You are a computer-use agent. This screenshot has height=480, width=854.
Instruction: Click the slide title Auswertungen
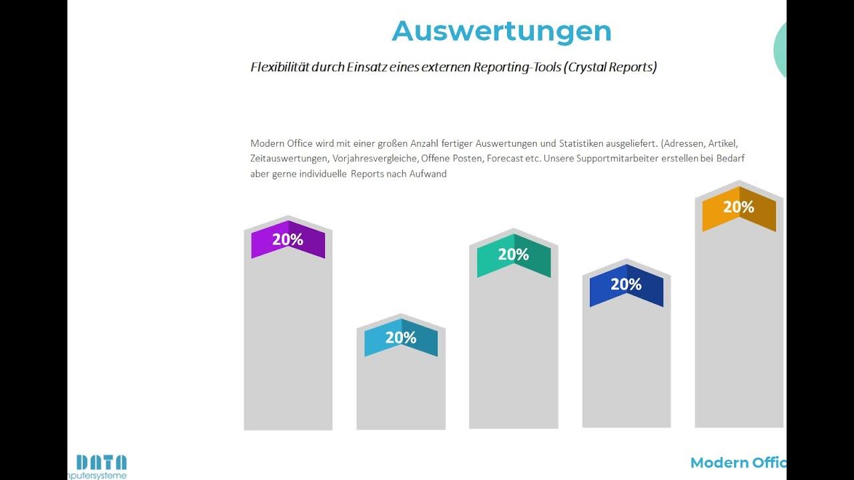pos(501,31)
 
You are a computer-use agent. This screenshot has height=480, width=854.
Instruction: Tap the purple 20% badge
pos(288,240)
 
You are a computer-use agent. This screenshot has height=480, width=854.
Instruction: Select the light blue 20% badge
pos(400,338)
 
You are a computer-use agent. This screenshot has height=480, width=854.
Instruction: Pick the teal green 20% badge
pos(513,255)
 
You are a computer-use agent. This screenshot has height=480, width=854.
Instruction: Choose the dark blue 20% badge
pos(626,285)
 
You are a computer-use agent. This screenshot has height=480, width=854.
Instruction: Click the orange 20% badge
pos(739,208)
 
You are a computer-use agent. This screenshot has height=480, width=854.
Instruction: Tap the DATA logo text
pos(101,462)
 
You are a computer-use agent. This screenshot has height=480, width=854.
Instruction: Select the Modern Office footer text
pos(738,463)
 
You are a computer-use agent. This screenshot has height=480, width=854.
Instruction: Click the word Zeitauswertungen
pos(289,159)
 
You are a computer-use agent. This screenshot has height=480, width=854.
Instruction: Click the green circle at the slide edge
pos(780,50)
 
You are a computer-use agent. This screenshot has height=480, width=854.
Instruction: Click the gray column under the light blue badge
pos(400,393)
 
